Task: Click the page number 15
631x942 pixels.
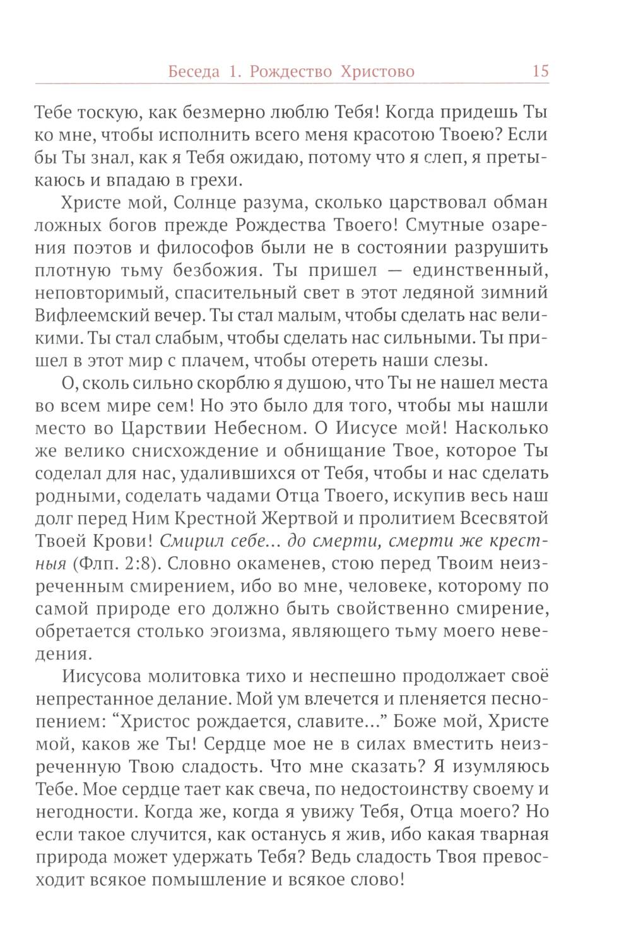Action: tap(540, 71)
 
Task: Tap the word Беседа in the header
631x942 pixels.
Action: tap(194, 72)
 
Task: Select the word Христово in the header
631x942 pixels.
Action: tap(377, 72)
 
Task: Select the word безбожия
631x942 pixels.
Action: tap(216, 271)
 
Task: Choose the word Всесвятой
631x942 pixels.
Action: tap(504, 519)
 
